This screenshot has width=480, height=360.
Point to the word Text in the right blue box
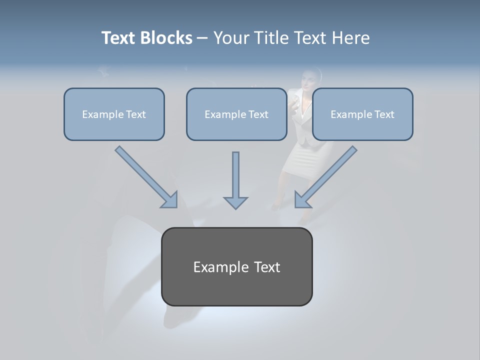coord(384,114)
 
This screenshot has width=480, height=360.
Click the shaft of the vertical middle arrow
coord(235,172)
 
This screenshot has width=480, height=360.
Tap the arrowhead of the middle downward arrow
coord(235,202)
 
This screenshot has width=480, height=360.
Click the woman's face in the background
coord(309,79)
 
